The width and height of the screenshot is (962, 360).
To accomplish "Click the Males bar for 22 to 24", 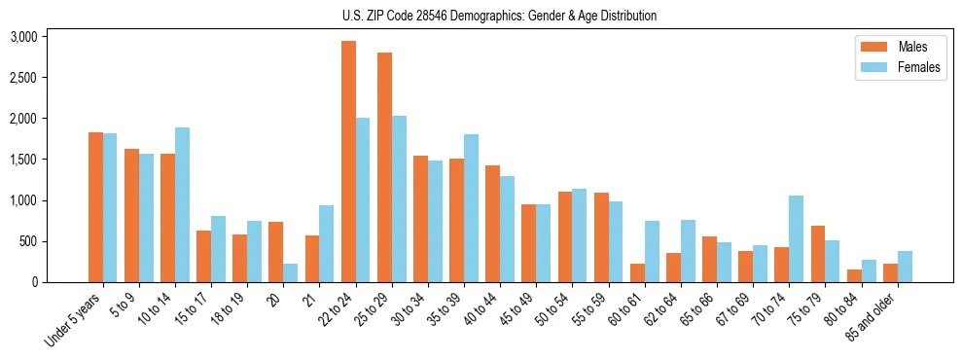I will pyautogui.click(x=348, y=162).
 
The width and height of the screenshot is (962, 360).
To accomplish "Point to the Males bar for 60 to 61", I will pyautogui.click(x=637, y=272).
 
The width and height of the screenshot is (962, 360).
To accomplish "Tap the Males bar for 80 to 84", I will pyautogui.click(x=854, y=275).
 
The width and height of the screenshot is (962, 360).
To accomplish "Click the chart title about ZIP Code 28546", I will pyautogui.click(x=499, y=16).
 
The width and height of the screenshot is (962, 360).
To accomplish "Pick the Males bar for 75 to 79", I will pyautogui.click(x=818, y=254).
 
